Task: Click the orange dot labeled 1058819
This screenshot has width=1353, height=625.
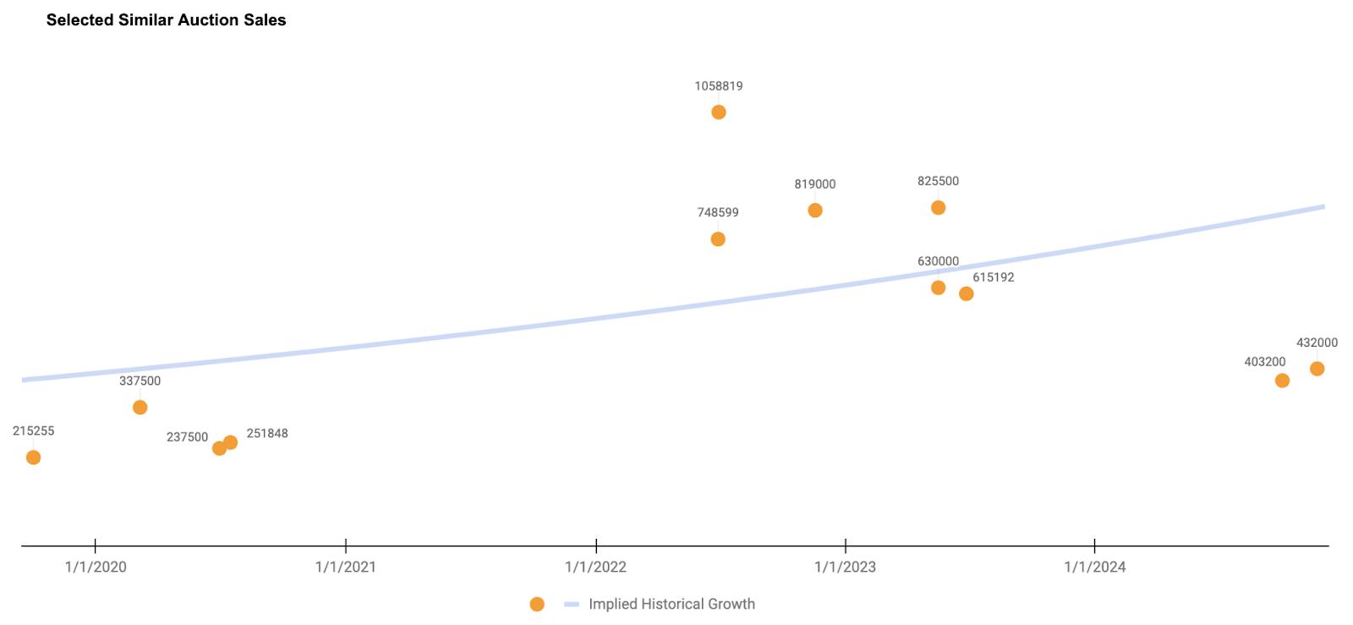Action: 718,112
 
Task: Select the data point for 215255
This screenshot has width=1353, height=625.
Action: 33,458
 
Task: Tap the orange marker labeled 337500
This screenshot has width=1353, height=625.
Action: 140,408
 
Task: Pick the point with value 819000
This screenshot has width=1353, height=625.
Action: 814,211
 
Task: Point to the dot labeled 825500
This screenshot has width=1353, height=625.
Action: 938,208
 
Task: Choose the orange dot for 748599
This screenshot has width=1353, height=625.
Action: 718,239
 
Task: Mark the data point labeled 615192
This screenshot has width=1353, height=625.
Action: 966,294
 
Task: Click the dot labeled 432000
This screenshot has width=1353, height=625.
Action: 1317,369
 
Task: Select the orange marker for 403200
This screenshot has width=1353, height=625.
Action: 1282,381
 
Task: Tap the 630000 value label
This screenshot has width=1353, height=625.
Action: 938,261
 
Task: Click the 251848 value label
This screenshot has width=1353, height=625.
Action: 267,434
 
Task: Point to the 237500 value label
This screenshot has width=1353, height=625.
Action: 187,437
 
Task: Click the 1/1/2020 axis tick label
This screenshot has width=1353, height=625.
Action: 96,567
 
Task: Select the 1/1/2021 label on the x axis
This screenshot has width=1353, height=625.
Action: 346,567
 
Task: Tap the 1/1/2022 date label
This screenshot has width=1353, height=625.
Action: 596,567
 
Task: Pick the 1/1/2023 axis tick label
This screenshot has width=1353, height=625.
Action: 846,567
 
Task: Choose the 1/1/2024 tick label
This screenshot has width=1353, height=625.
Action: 1095,567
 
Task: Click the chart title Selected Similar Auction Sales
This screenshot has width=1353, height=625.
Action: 167,20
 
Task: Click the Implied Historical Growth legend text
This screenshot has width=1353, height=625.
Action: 671,604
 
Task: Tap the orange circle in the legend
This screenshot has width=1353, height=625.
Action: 537,604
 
